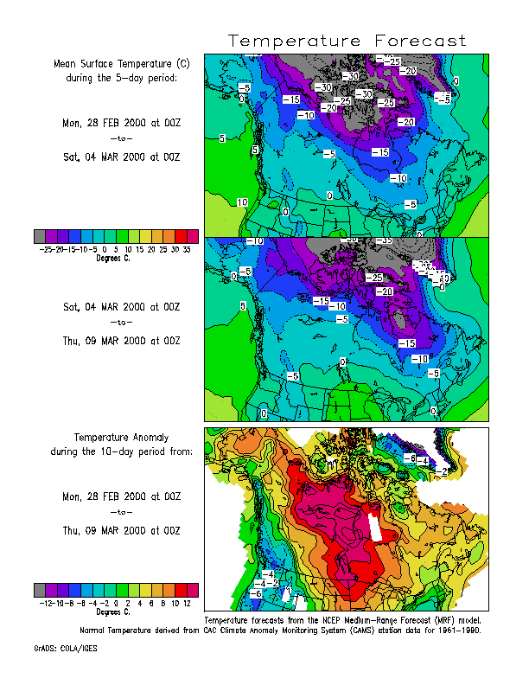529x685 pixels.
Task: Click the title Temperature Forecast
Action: tap(347, 42)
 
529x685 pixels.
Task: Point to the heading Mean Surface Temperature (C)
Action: tap(121, 64)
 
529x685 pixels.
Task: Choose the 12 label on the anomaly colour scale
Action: tap(188, 602)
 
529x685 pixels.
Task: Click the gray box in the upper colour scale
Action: tap(40, 236)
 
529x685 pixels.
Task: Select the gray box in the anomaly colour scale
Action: tap(40, 589)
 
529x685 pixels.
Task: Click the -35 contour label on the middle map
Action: tap(386, 240)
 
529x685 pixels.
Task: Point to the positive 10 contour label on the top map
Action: tap(242, 202)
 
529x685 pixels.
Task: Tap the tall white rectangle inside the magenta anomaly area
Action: tap(373, 527)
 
